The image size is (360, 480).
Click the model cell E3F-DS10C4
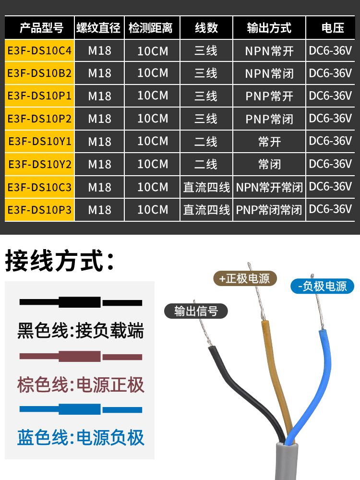pyautogui.click(x=39, y=50)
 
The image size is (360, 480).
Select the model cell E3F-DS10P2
pyautogui.click(x=39, y=119)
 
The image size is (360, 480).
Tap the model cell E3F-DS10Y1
pyautogui.click(x=39, y=142)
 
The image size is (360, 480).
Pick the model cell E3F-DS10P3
pyautogui.click(x=39, y=210)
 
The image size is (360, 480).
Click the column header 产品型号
pyautogui.click(x=39, y=28)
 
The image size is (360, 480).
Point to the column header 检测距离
pyautogui.click(x=152, y=28)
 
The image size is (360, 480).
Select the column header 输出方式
pyautogui.click(x=269, y=28)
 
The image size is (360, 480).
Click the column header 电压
pyautogui.click(x=333, y=28)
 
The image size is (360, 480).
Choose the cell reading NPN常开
pyautogui.click(x=269, y=50)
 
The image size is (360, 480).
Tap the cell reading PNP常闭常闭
pyautogui.click(x=269, y=210)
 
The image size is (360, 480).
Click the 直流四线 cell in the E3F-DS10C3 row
pyautogui.click(x=206, y=187)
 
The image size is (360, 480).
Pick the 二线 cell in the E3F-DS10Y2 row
pyautogui.click(x=206, y=165)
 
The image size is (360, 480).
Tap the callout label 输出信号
pyautogui.click(x=196, y=311)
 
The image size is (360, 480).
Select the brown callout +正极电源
pyautogui.click(x=245, y=278)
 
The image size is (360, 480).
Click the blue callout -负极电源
pyautogui.click(x=322, y=287)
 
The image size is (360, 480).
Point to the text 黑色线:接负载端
pyautogui.click(x=81, y=331)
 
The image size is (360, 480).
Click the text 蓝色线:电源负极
pyautogui.click(x=81, y=437)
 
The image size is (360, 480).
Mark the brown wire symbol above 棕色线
pyautogui.click(x=81, y=357)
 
